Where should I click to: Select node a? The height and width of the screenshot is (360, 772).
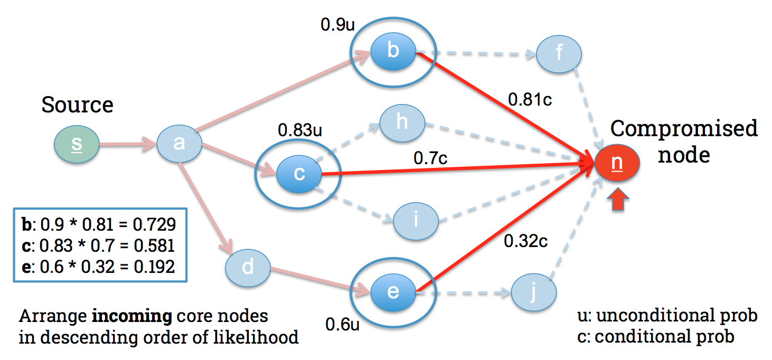pyautogui.click(x=179, y=143)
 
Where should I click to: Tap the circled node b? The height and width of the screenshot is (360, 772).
pyautogui.click(x=393, y=51)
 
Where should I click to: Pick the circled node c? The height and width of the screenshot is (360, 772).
pyautogui.click(x=299, y=174)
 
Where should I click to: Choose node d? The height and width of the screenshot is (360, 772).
pyautogui.click(x=248, y=268)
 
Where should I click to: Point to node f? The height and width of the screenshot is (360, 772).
pyautogui.click(x=559, y=53)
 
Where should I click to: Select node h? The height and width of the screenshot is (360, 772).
pyautogui.click(x=402, y=123)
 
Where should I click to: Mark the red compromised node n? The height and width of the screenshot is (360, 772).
pyautogui.click(x=617, y=164)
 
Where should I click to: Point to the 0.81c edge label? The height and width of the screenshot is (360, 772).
pyautogui.click(x=530, y=99)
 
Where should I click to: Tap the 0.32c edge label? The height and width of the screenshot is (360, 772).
pyautogui.click(x=525, y=241)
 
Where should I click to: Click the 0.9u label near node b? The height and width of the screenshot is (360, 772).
pyautogui.click(x=337, y=25)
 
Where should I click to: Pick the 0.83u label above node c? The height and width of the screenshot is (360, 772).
pyautogui.click(x=300, y=130)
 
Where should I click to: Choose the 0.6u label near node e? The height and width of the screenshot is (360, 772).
pyautogui.click(x=342, y=324)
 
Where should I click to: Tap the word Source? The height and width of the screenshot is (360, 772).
pyautogui.click(x=77, y=105)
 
